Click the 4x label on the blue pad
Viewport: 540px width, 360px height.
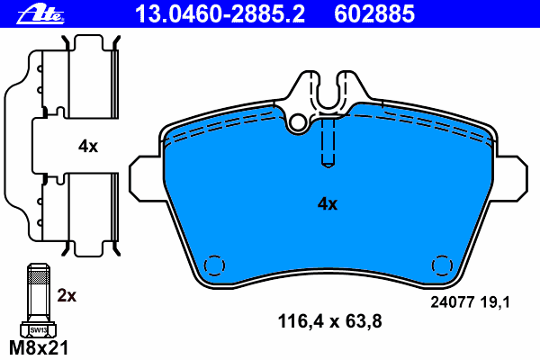pyautogui.click(x=327, y=204)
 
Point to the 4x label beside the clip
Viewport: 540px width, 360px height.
pyautogui.click(x=87, y=146)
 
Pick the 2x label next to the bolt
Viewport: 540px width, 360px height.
pyautogui.click(x=67, y=294)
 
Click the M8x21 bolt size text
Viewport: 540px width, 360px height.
pyautogui.click(x=38, y=347)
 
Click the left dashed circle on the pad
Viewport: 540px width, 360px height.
pyautogui.click(x=214, y=265)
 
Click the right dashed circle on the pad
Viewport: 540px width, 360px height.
pyautogui.click(x=442, y=265)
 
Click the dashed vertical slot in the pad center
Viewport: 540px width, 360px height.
pyautogui.click(x=328, y=144)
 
